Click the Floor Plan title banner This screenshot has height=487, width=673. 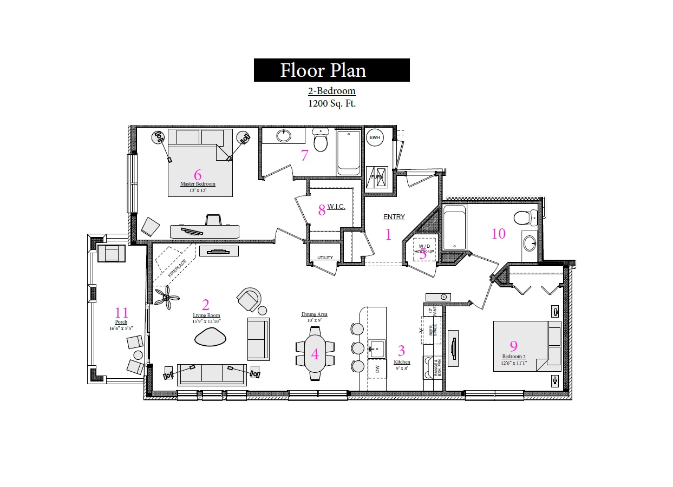tap(331, 70)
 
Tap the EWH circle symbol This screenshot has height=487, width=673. tap(375, 137)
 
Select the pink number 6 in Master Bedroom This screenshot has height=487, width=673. tap(198, 174)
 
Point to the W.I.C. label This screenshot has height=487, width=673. tap(336, 207)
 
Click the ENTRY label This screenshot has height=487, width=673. tap(394, 217)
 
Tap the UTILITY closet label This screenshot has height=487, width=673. tap(325, 258)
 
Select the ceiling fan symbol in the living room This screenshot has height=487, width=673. tap(166, 297)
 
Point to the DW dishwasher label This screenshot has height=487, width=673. tap(377, 369)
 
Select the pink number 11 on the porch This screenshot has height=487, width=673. tap(122, 312)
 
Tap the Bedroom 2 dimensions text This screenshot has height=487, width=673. tap(513, 362)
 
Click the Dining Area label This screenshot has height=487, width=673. tap(314, 314)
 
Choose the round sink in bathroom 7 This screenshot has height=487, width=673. tap(283, 135)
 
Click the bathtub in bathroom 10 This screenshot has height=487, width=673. tap(454, 227)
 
